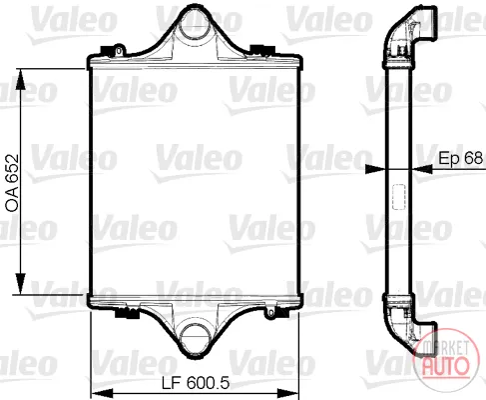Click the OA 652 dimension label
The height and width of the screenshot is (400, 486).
click(x=12, y=183)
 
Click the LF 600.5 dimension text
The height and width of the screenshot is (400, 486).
click(x=196, y=383)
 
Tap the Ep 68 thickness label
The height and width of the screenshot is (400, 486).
click(x=461, y=158)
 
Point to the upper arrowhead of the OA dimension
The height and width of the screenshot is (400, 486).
click(x=21, y=79)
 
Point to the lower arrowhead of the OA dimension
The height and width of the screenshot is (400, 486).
click(x=21, y=284)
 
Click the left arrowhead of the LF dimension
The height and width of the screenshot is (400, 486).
click(x=101, y=393)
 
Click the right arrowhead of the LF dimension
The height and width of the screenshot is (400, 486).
click(x=288, y=393)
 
